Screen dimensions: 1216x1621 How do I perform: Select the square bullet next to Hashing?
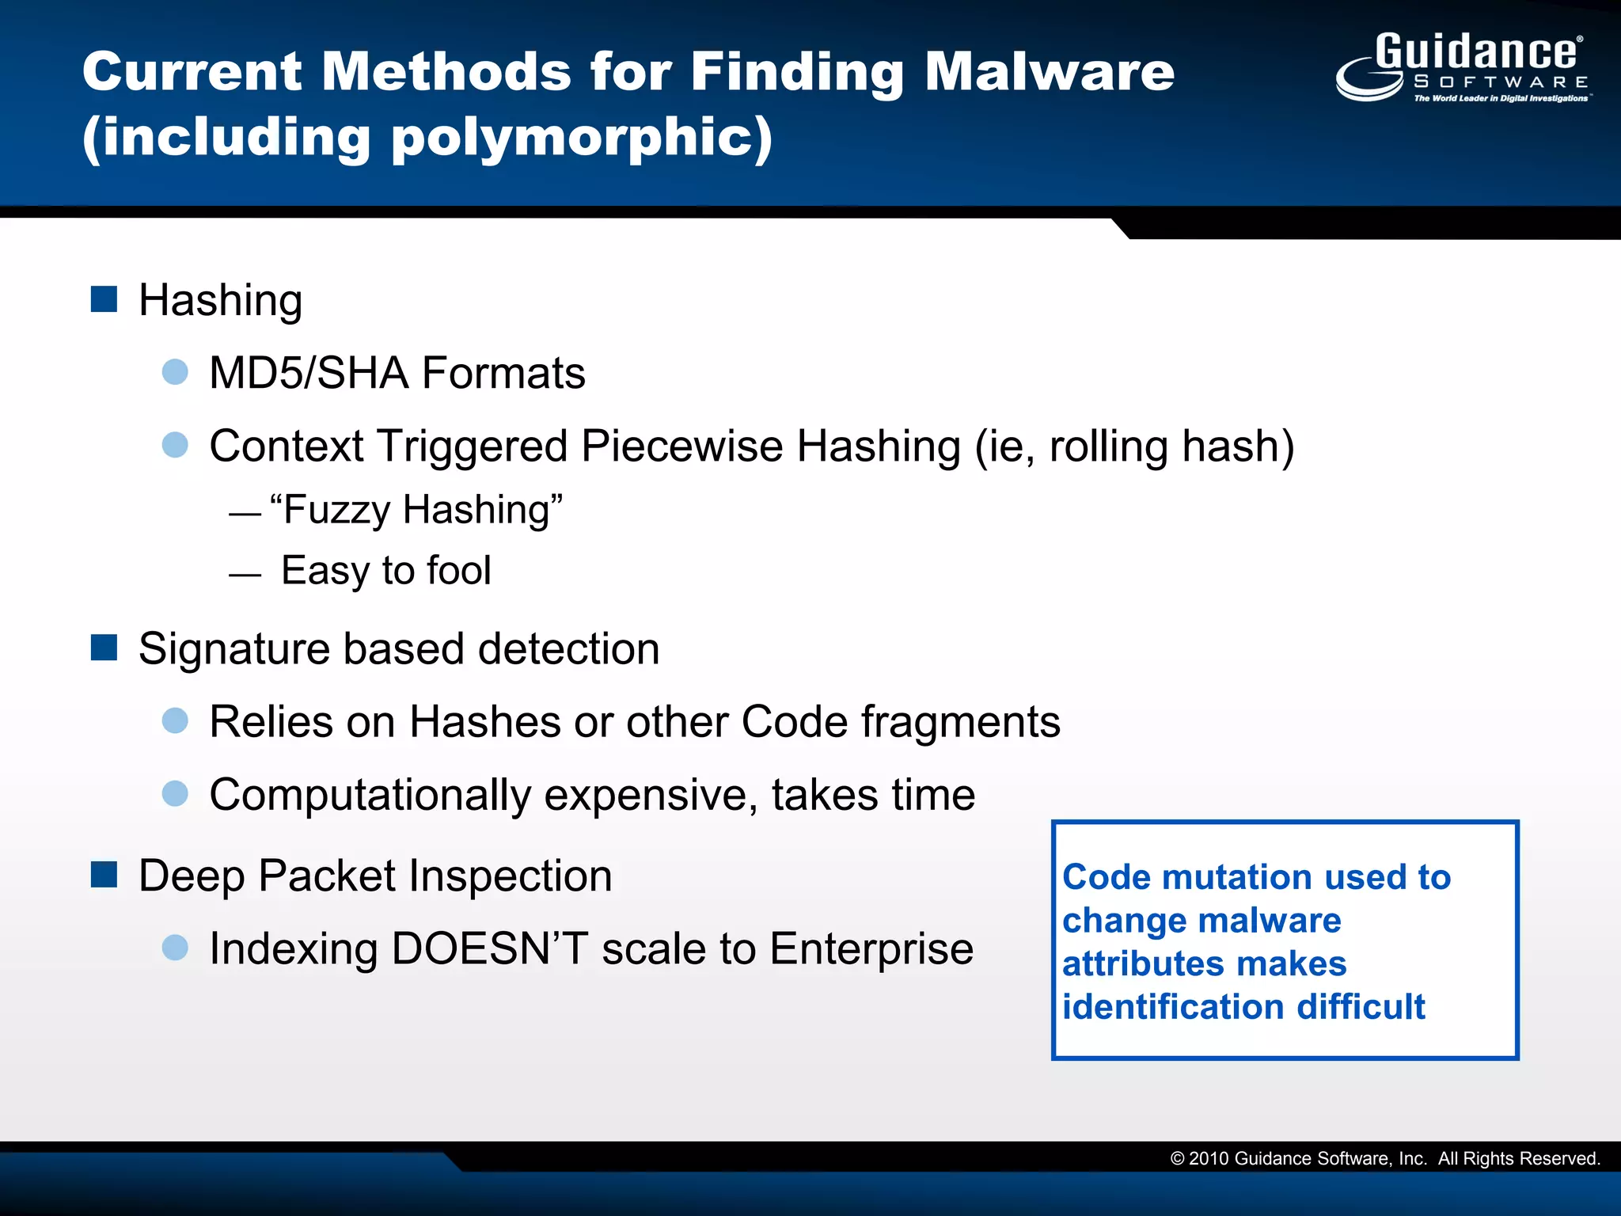(x=104, y=299)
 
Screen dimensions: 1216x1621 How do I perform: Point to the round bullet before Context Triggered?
(x=175, y=444)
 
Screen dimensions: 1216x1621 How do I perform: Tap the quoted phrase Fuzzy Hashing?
(x=416, y=509)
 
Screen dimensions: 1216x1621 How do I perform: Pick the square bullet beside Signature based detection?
(x=104, y=647)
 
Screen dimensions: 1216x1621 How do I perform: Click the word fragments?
(x=960, y=722)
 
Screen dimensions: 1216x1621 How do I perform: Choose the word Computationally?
(x=370, y=795)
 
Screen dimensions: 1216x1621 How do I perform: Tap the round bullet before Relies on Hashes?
(x=175, y=720)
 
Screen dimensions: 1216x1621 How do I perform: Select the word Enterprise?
(x=871, y=948)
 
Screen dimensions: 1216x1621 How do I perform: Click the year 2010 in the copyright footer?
(x=1208, y=1159)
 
